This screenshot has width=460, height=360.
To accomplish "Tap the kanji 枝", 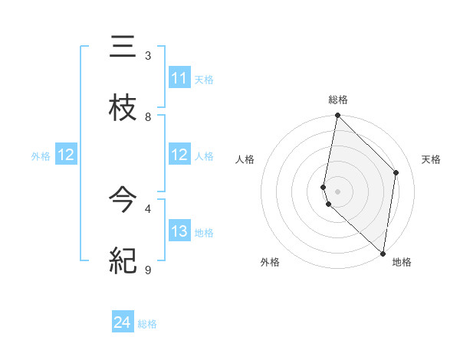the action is pos(123,108).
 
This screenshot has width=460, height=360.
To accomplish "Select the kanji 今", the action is pos(123,201).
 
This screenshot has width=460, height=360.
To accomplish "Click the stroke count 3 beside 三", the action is pos(148,56).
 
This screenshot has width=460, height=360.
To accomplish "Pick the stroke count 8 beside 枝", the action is pos(148,117).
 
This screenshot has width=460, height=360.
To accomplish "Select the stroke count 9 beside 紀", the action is pos(148,270).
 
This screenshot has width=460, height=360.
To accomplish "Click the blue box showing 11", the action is pos(179,78).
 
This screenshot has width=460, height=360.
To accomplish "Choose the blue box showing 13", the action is pos(179,231).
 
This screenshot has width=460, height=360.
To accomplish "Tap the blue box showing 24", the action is pos(123,323).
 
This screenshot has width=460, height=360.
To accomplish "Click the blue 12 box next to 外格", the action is pos(65,155).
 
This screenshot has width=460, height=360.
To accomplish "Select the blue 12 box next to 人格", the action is pos(179,155).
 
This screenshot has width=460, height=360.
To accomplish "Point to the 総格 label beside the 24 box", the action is pos(147,324).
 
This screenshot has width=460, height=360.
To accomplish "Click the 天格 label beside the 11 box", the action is pos(204,79).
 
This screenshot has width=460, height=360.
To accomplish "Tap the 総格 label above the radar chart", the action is pos(338,100).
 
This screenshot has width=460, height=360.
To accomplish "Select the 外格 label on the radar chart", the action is pos(270,262).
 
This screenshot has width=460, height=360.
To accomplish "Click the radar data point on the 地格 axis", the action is pos(383,253).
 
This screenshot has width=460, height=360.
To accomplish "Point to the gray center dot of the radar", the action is pos(338,191).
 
